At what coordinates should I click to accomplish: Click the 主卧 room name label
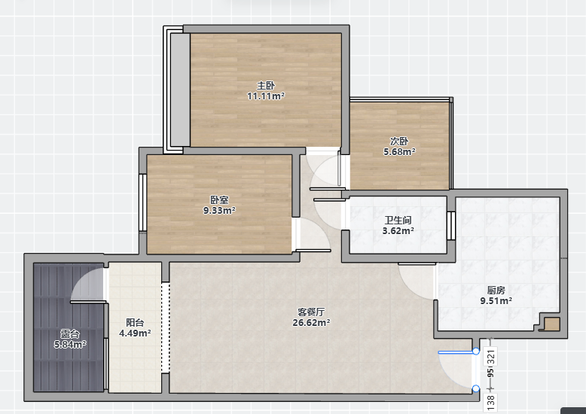pos(266,86)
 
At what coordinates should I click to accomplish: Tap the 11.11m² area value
pos(266,96)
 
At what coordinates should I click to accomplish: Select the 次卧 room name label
pos(399,142)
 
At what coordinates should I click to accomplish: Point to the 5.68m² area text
pos(399,152)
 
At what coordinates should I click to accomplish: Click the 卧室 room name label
pos(219,200)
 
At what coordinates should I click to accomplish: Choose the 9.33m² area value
pos(219,210)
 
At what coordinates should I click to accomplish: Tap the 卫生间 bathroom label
pos(398,221)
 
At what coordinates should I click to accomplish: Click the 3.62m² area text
pos(398,231)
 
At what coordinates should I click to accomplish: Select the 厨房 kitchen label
pos(496,290)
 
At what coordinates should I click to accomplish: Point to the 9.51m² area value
pos(496,300)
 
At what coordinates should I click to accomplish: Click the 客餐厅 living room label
pos(311,312)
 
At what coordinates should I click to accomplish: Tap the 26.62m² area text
pos(311,322)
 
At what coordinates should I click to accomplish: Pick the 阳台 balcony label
pos(135,322)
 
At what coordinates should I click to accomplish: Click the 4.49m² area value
pos(135,333)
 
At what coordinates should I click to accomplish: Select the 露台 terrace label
pos(70,333)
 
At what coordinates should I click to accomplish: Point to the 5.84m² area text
pos(70,344)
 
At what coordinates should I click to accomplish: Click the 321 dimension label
pos(491,357)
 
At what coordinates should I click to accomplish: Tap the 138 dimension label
pos(491,402)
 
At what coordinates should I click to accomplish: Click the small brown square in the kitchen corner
pos(551,324)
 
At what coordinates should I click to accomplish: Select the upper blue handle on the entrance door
pos(476,352)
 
